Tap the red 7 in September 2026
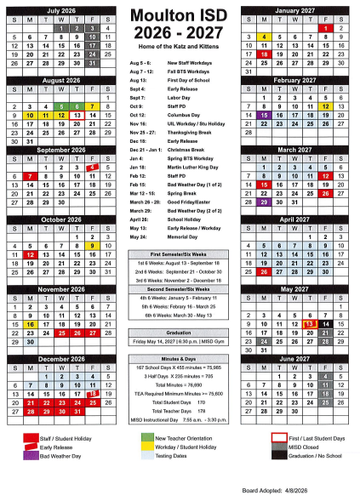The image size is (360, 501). click(x=29, y=175)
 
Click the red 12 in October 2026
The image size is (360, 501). click(x=29, y=253)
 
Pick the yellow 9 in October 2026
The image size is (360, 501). click(x=90, y=244)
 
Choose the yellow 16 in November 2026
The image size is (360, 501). click(x=29, y=323)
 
